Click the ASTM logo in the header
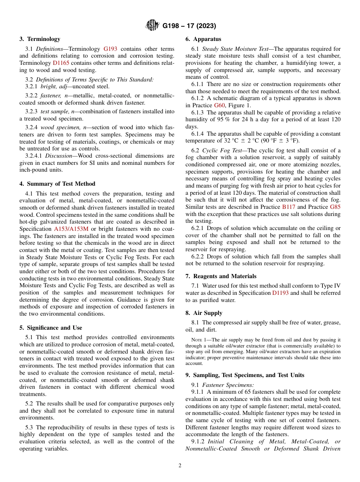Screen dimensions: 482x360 pyautogui.click(x=153, y=26)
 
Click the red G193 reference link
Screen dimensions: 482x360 pyautogui.click(x=110, y=49)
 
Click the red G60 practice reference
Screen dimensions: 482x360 pyautogui.click(x=219, y=105)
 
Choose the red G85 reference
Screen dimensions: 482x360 pyautogui.click(x=335, y=207)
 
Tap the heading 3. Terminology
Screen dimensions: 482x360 pyautogui.click(x=40, y=39)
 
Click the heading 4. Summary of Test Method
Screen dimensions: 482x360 pyautogui.click(x=57, y=184)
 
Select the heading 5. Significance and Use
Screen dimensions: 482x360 pyautogui.click(x=51, y=328)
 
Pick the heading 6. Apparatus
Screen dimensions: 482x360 pyautogui.click(x=203, y=39)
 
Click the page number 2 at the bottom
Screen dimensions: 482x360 pyautogui.click(x=180, y=466)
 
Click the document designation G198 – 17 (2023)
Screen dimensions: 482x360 pyautogui.click(x=189, y=26)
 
